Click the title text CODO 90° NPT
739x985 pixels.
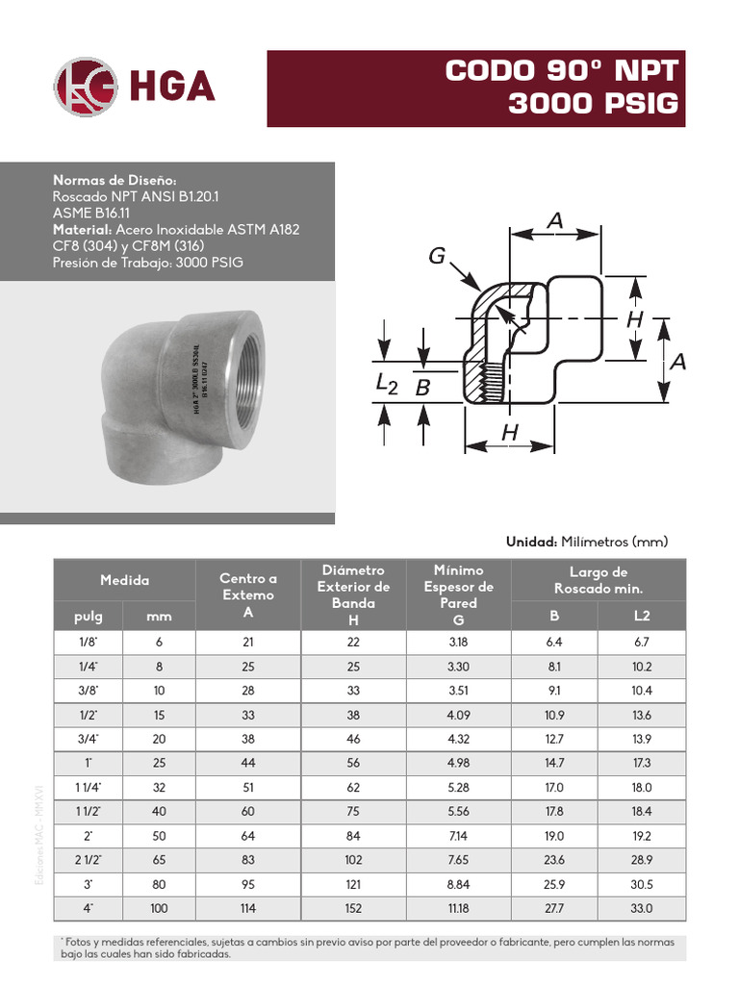coord(563,71)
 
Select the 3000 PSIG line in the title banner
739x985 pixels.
coord(594,103)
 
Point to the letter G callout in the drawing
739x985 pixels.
coord(437,256)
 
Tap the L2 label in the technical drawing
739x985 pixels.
coord(386,385)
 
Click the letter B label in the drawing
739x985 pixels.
coord(421,389)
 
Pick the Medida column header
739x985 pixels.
coord(124,580)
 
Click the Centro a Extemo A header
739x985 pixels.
coord(248,594)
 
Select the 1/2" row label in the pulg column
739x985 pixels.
coord(89,715)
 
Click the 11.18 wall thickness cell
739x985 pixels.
coord(456,908)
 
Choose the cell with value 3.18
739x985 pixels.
coord(456,642)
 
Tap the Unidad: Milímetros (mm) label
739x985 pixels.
coord(586,542)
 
